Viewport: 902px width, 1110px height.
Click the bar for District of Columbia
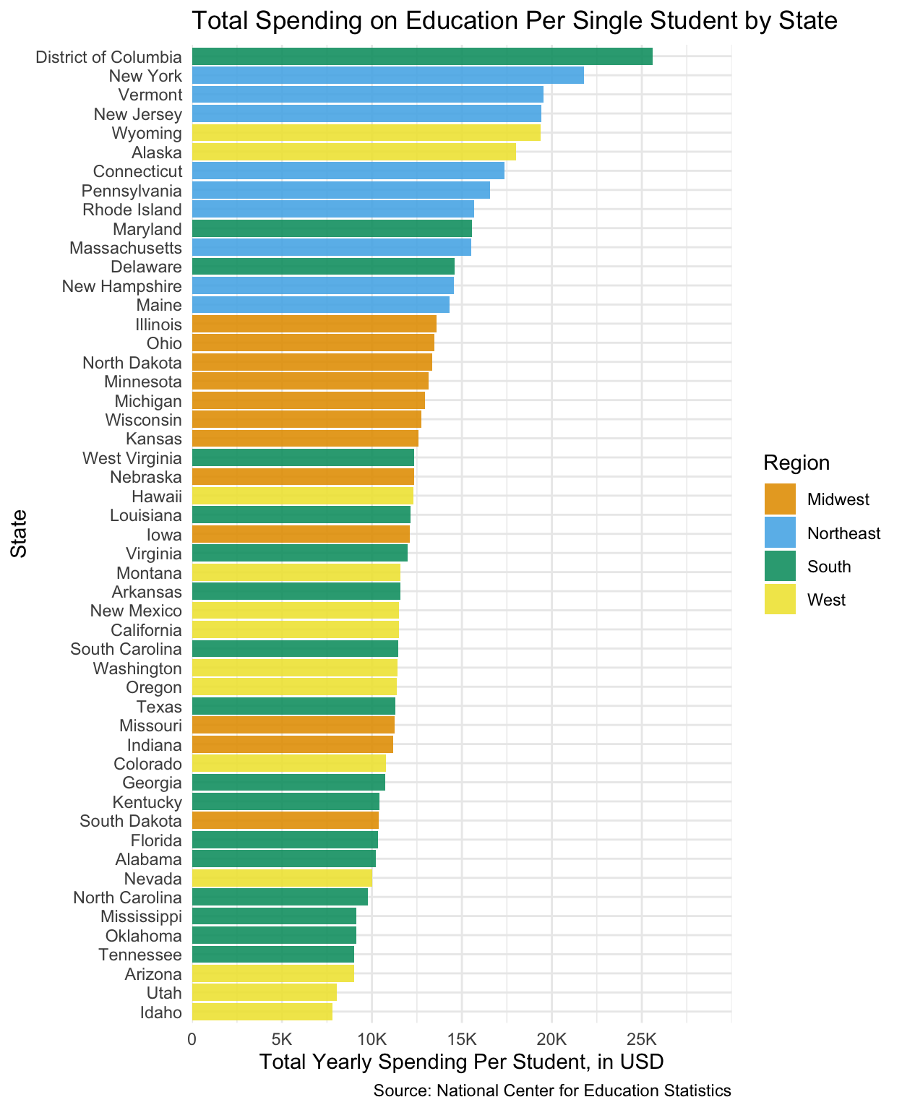[x=422, y=56]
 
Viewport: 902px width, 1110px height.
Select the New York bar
[x=387, y=75]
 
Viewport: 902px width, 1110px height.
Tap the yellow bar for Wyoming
[x=366, y=133]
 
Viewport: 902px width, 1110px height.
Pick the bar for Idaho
[x=262, y=1012]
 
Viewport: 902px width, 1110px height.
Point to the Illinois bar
[x=314, y=324]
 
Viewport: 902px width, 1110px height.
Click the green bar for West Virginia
[x=303, y=457]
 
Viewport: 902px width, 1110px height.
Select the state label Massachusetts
[x=126, y=248]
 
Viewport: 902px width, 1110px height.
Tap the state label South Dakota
[x=131, y=821]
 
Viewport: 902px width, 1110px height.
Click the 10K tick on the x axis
[x=371, y=1039]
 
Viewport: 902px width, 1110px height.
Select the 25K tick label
[x=641, y=1039]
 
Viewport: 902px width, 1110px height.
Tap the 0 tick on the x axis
[x=192, y=1039]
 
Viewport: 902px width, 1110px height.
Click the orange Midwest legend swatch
[x=780, y=499]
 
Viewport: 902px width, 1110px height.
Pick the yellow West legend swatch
[x=780, y=599]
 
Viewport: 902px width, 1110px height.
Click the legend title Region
[x=796, y=462]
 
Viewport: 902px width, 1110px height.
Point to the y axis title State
[x=20, y=533]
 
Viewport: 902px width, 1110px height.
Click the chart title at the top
[x=515, y=21]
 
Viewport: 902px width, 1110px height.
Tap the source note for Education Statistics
[x=552, y=1091]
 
